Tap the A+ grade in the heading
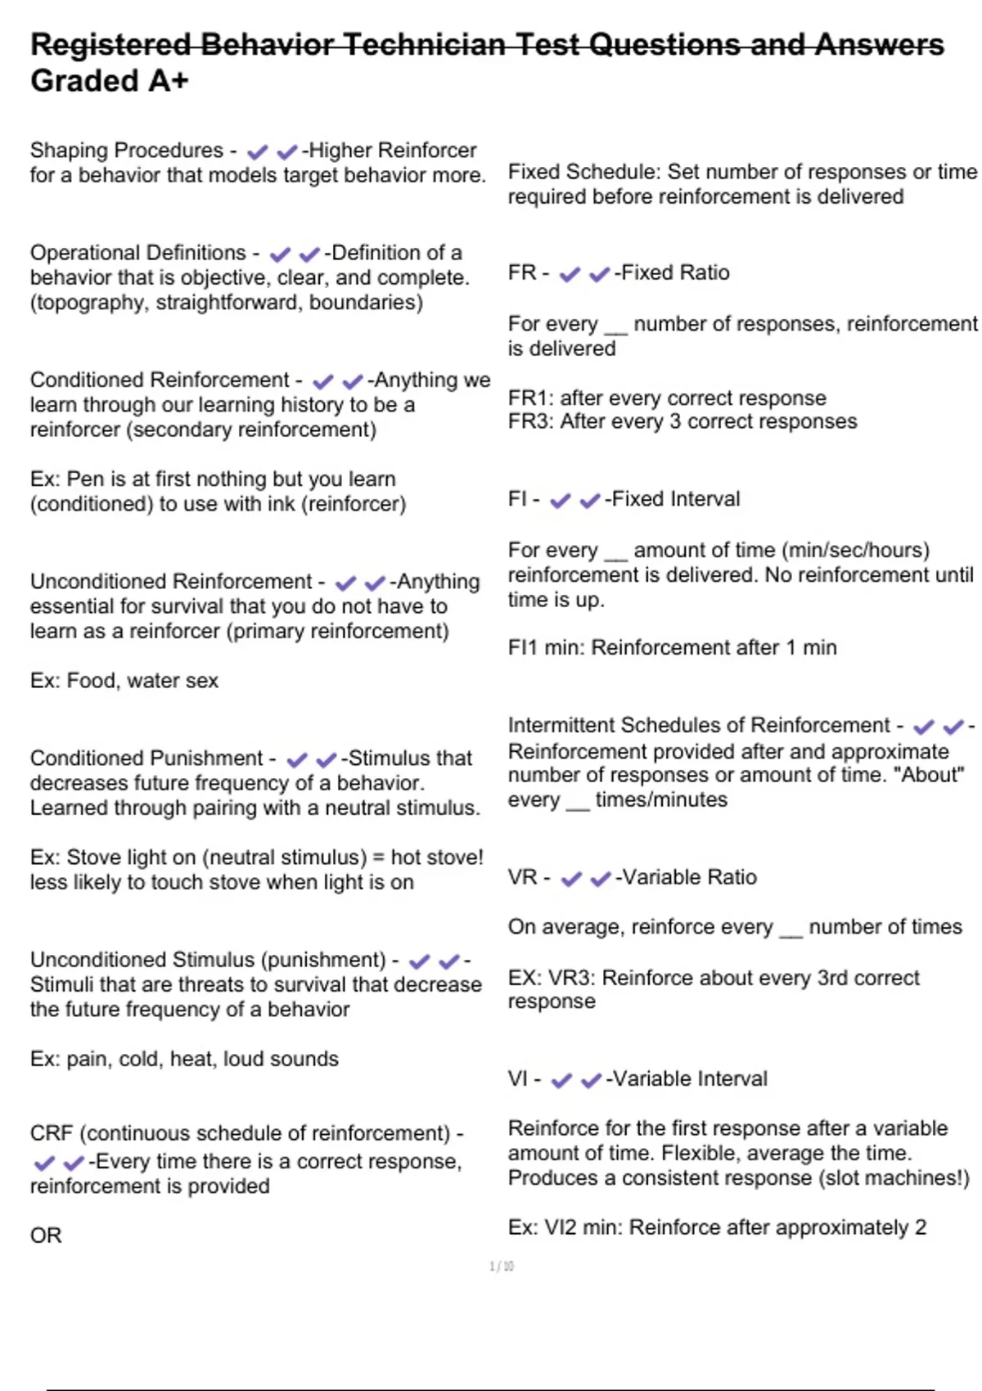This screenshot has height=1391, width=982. point(168,81)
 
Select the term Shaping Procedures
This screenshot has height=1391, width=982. point(127,151)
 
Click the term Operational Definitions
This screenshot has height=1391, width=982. point(138,253)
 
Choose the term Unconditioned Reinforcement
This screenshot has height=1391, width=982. point(171,582)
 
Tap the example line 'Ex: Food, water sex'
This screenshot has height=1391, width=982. point(124,681)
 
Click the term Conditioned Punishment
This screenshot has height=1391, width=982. point(146,759)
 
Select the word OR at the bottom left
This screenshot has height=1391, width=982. point(46,1236)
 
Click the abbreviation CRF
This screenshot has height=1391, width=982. point(52,1134)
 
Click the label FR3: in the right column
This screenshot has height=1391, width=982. point(531,422)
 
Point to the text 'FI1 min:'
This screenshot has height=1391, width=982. point(546,648)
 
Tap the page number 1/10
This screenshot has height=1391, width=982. point(501,1267)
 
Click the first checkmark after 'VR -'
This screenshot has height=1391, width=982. point(571,879)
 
